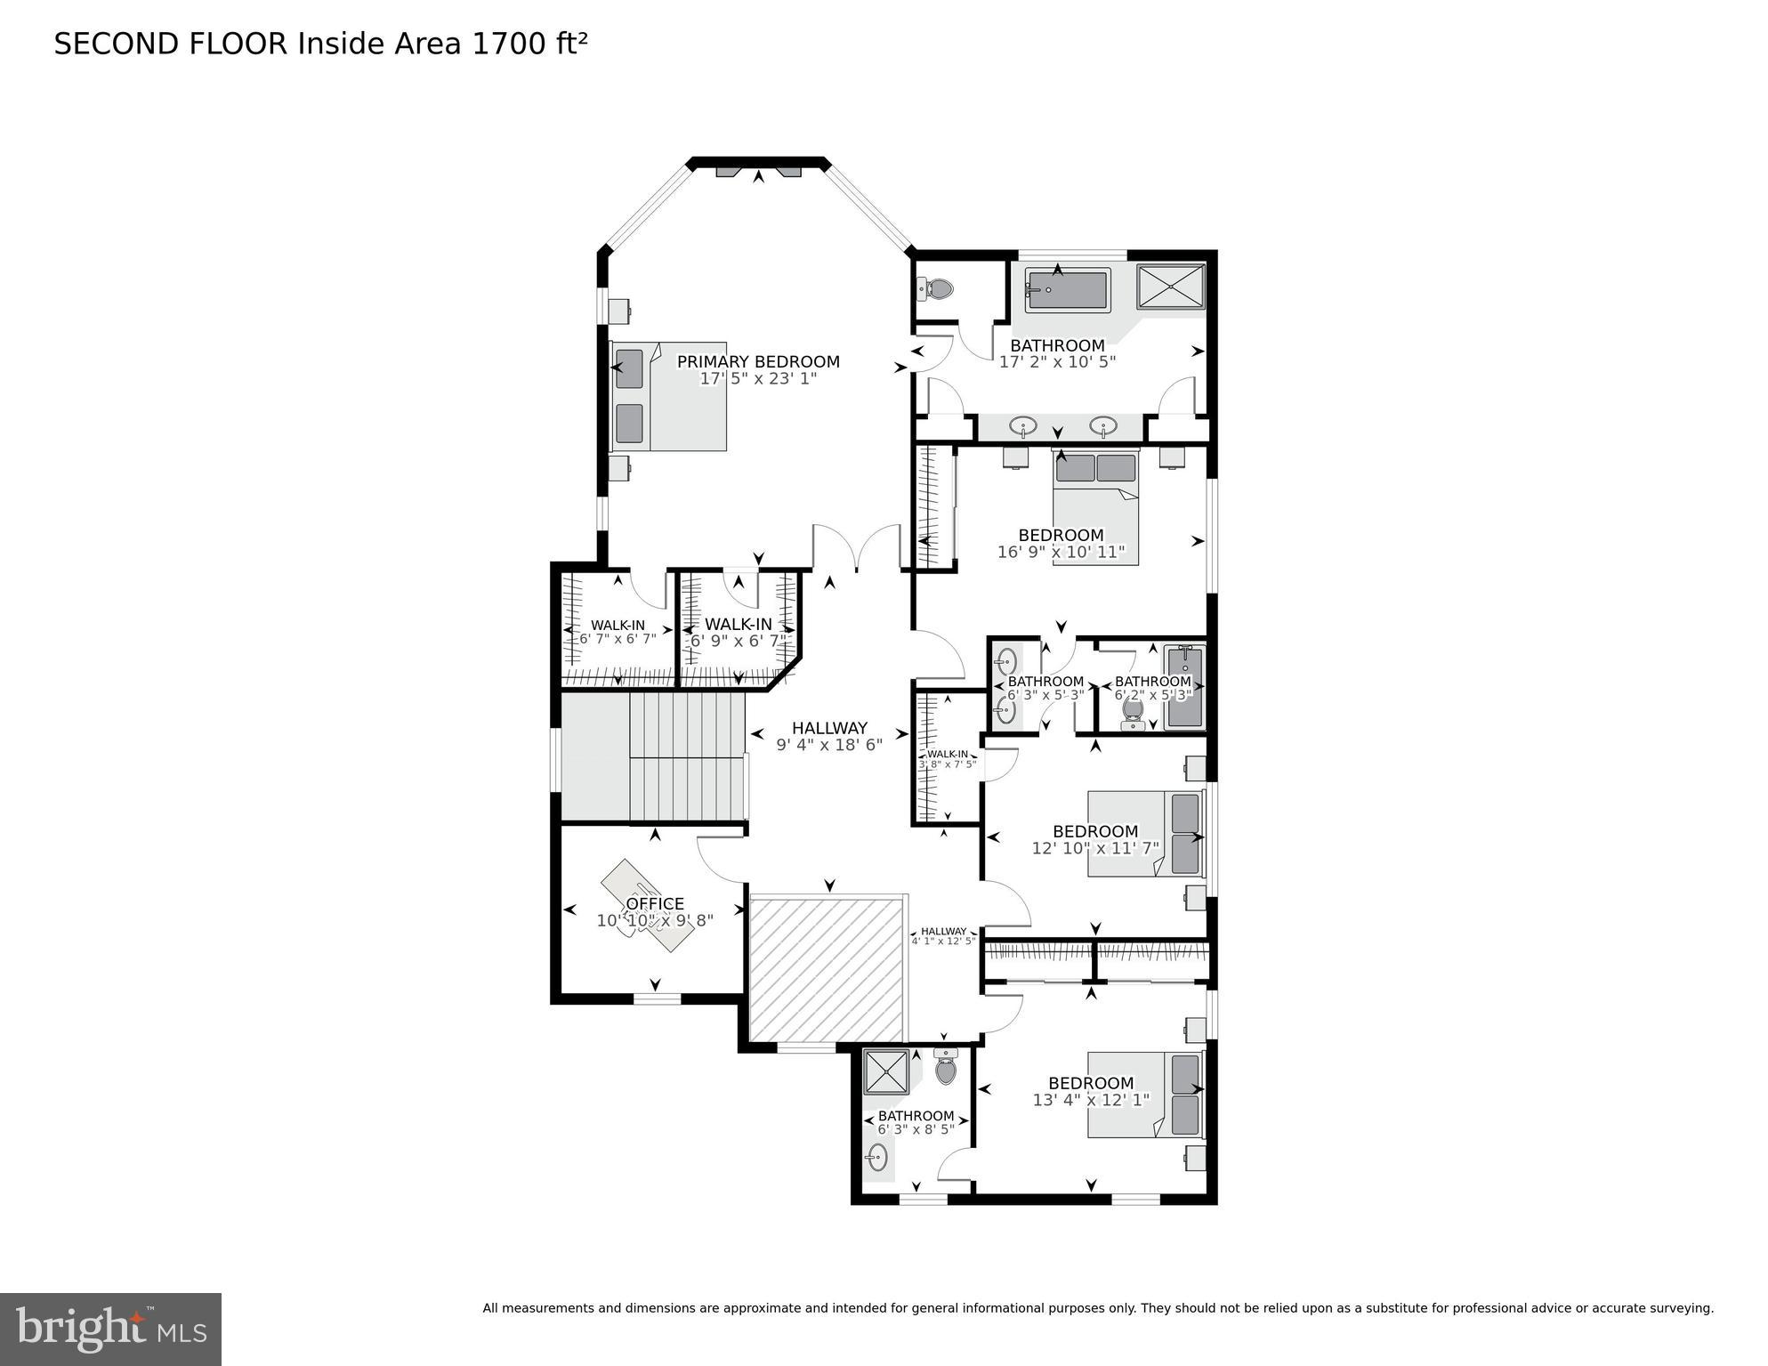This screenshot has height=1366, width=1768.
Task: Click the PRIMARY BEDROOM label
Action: click(758, 362)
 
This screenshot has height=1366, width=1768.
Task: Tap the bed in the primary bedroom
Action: click(669, 396)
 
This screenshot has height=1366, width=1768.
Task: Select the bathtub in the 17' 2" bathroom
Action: click(1067, 290)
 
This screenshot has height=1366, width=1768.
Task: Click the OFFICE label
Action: click(655, 904)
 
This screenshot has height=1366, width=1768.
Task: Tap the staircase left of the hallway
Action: click(685, 757)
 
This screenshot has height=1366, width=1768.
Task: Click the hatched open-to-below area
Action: click(827, 968)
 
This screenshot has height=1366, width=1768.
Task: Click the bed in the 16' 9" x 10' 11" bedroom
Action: click(1095, 507)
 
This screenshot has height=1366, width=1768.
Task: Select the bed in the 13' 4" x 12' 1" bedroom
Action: click(1143, 1094)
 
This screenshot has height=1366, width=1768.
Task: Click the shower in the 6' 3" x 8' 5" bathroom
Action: click(887, 1071)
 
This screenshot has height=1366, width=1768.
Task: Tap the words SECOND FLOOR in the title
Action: click(171, 44)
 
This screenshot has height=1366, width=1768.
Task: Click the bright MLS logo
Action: click(110, 1329)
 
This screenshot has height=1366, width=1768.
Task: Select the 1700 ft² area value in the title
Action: click(529, 44)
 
